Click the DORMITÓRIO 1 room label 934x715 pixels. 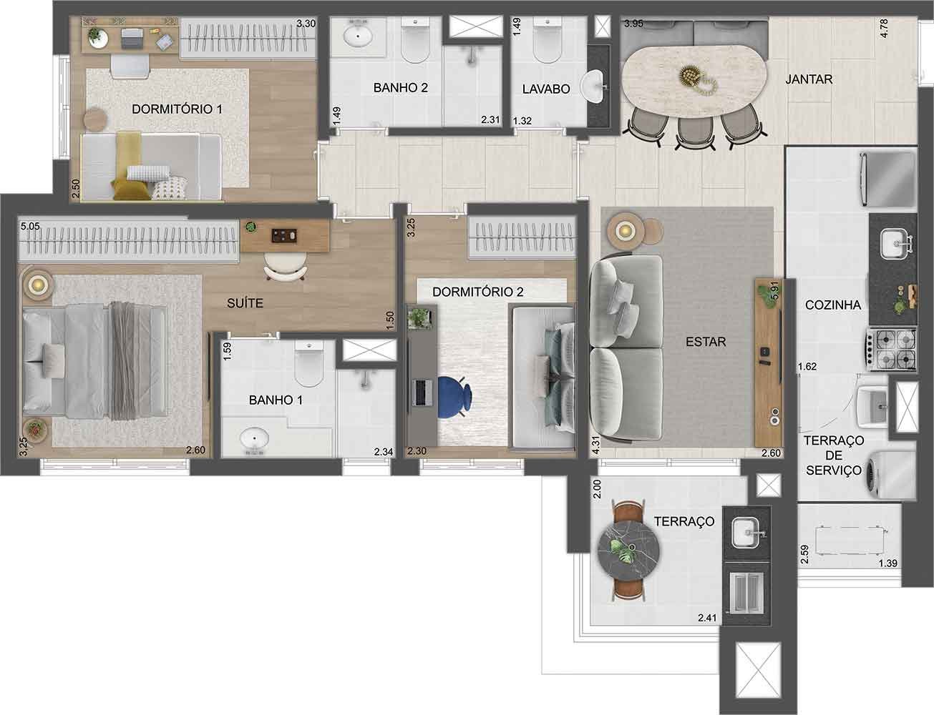[x=177, y=109]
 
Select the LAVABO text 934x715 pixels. [x=546, y=89]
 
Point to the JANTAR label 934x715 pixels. [x=809, y=79]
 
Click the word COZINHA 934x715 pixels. [x=832, y=305]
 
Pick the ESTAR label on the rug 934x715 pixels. [x=705, y=342]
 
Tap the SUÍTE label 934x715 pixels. [x=245, y=303]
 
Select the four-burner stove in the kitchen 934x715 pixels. [x=892, y=349]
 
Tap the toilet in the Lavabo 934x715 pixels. [x=548, y=41]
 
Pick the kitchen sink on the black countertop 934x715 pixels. [x=892, y=244]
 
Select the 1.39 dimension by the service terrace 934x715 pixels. [x=888, y=563]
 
